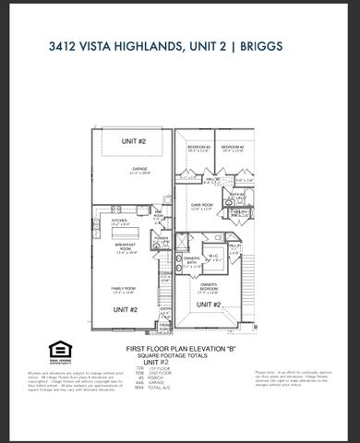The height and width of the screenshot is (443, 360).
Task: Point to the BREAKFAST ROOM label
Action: click(x=126, y=246)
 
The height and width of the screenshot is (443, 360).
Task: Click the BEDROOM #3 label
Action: click(x=200, y=148)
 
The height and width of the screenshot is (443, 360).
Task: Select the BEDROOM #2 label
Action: click(x=232, y=148)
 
